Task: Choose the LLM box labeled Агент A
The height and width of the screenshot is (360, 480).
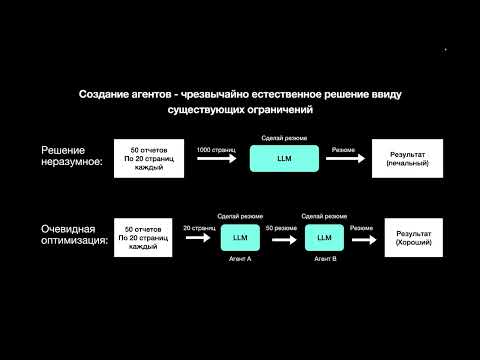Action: point(239,240)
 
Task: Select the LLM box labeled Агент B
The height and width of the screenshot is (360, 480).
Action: point(324,240)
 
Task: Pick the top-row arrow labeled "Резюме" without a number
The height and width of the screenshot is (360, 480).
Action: point(343,160)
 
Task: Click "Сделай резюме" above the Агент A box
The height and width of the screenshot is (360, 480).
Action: point(239,216)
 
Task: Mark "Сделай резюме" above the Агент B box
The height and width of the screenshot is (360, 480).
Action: point(324,216)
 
